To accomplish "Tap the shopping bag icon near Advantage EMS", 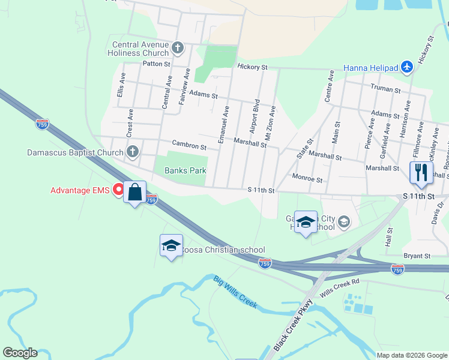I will tap(135, 193).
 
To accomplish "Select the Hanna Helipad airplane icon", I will tap(407, 67).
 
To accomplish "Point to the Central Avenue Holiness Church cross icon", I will tap(177, 47).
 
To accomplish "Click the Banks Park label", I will tap(185, 170).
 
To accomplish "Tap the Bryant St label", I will tap(418, 256).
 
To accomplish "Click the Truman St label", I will tap(385, 89).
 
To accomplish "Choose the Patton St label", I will tap(157, 63).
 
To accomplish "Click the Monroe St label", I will tap(307, 179).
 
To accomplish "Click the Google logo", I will tap(20, 353).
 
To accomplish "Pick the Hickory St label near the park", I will tap(252, 67).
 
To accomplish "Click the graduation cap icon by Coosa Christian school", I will tap(171, 245).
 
